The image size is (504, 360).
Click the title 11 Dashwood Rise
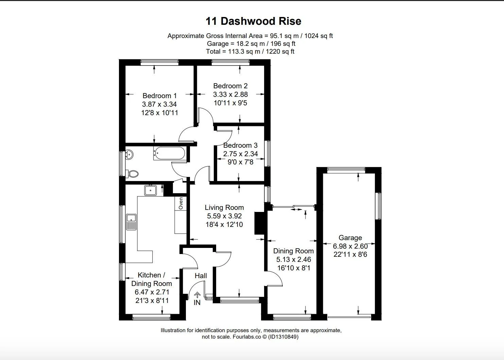253,21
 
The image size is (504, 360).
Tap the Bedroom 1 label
159,96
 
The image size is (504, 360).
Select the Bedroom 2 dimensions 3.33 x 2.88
230,94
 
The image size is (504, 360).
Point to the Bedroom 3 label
240,145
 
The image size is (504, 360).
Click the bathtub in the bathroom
170,154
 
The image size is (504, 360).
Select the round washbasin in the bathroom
129,155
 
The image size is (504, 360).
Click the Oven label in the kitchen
181,203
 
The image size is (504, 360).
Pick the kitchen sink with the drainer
131,222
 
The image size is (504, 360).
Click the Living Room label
224,208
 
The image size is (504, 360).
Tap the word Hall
201,276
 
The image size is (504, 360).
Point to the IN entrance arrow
197,294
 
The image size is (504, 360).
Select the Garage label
350,238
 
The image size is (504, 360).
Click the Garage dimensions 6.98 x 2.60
350,246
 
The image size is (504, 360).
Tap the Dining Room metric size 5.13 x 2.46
294,259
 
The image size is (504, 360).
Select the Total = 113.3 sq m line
250,52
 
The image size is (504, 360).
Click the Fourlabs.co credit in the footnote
247,337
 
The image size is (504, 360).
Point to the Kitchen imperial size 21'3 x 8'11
152,301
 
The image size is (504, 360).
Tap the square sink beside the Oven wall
151,191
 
